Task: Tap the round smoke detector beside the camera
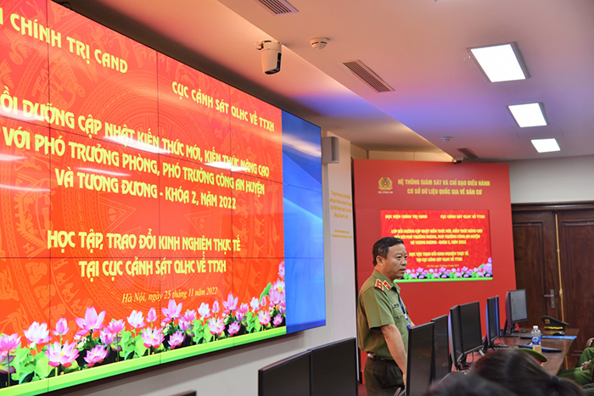point(319,42)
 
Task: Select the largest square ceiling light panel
point(498,62)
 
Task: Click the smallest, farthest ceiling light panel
point(546,145)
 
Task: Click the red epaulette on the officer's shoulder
point(384,284)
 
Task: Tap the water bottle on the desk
point(536,339)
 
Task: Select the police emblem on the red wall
point(385,183)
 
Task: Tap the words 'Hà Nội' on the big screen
point(135,297)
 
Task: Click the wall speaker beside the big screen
point(333,150)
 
